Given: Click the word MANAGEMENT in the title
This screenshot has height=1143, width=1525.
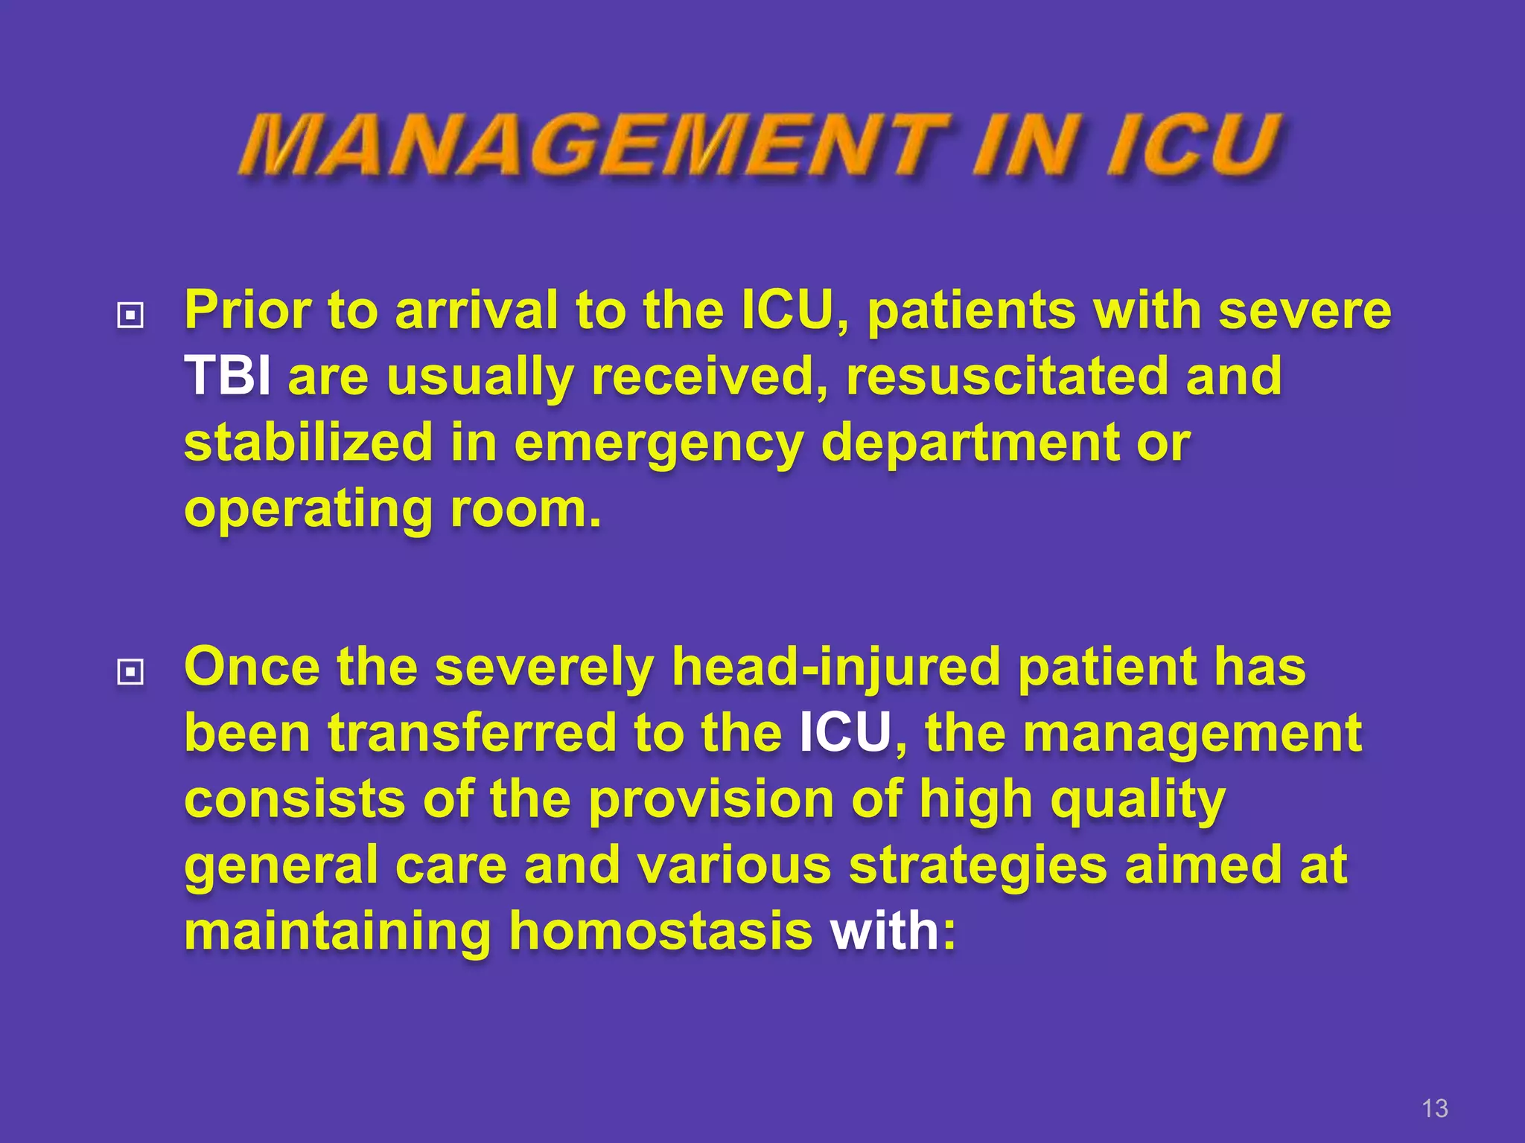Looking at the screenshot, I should (x=592, y=146).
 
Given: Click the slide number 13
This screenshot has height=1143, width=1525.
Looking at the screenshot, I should (x=1434, y=1108).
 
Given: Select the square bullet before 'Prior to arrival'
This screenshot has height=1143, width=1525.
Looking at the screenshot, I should (x=130, y=316).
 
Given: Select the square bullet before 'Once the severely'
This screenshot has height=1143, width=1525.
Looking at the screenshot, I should (x=130, y=673).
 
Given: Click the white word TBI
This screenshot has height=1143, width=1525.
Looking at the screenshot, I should (x=227, y=376).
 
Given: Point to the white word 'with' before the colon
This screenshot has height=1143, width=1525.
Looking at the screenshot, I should (x=885, y=931).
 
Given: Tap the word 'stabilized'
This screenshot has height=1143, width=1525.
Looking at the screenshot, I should (x=308, y=442).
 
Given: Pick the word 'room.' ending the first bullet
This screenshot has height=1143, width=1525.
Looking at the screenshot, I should (x=526, y=509).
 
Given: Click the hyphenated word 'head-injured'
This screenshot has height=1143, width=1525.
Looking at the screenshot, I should (x=835, y=667).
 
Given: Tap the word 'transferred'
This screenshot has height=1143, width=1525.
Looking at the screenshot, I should (x=472, y=733).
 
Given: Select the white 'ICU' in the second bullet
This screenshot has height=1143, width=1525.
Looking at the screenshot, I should (x=845, y=733).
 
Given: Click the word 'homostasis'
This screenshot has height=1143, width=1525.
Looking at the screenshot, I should (x=660, y=931).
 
